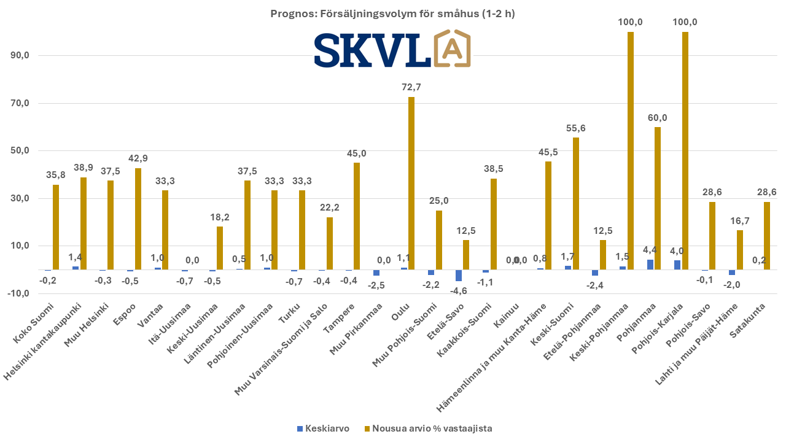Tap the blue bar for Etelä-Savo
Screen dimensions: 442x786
pyautogui.click(x=459, y=275)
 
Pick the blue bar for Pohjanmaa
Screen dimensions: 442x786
pyautogui.click(x=650, y=265)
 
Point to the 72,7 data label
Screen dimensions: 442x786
pyautogui.click(x=411, y=87)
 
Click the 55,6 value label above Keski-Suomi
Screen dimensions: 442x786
pyautogui.click(x=575, y=128)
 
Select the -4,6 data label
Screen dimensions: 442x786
pyautogui.click(x=458, y=291)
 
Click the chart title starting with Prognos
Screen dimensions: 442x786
pyautogui.click(x=392, y=14)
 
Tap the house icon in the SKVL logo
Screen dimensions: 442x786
pyautogui.click(x=452, y=48)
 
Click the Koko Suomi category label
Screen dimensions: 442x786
pyautogui.click(x=40, y=316)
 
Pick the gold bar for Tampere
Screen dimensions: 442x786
pyautogui.click(x=357, y=216)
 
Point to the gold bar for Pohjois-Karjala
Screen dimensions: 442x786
pyautogui.click(x=685, y=150)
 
